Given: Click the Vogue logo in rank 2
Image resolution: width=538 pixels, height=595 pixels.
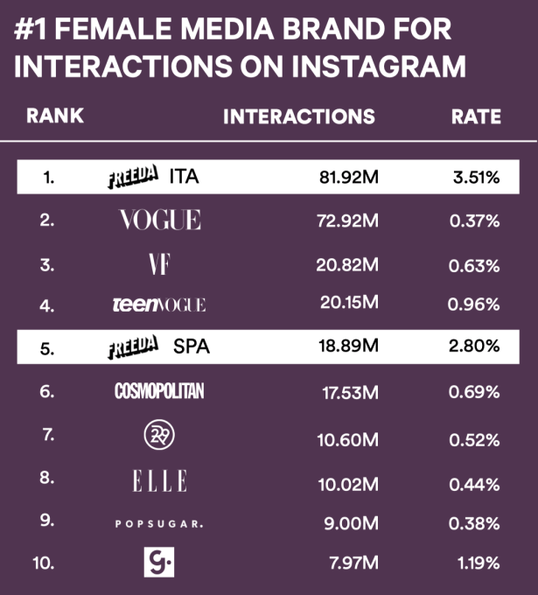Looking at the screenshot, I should point(160,220).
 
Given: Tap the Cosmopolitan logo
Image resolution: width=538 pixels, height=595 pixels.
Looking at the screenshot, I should point(159,391).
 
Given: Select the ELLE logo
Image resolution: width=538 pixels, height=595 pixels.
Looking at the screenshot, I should point(159,480).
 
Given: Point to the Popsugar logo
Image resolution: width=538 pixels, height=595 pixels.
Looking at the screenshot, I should point(159,524).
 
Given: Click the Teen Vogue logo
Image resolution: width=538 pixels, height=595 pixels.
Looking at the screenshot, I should point(159,304).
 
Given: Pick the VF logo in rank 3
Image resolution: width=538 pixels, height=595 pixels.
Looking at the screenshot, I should point(159,262).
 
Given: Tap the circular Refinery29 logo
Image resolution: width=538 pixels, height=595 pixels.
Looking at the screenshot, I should point(159,434).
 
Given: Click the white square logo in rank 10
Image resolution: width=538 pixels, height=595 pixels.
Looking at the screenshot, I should point(159,562).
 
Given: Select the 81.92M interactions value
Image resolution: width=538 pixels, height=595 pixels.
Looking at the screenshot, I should point(347,178).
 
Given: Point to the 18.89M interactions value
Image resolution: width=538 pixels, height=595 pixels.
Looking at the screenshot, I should point(347,347).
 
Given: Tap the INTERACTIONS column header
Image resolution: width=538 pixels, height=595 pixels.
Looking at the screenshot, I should point(299,116).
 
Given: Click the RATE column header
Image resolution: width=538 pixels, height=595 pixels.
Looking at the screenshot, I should point(476,116).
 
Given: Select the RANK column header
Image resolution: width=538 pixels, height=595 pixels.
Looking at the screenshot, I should point(55,116).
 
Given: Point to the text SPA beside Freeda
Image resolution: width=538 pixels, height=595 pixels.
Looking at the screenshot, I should point(192,347).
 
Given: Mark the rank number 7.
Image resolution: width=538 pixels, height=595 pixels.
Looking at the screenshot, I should point(48,435).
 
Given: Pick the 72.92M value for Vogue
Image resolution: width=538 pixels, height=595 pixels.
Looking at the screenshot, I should point(347,220).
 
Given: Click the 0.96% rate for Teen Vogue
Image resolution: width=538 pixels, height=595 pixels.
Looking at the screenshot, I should point(473,305).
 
